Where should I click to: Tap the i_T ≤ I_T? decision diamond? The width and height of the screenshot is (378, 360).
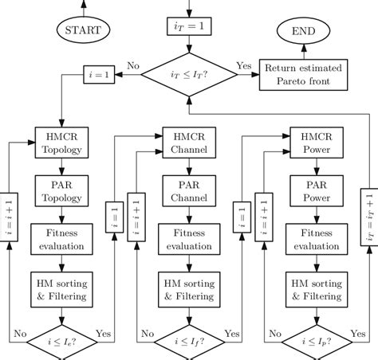tap(189, 76)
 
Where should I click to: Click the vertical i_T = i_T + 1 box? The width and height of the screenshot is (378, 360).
tap(368, 218)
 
